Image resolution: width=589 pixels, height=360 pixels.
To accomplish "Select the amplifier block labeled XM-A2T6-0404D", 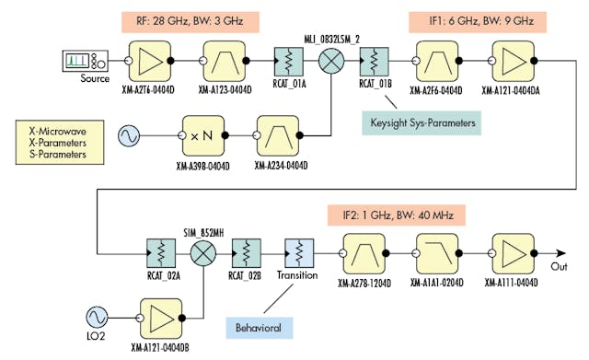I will click(x=146, y=61).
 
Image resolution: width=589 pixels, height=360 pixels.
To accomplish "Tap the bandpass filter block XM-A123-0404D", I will click(x=223, y=61).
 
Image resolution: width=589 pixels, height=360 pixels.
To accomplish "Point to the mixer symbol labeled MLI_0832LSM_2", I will click(x=330, y=62).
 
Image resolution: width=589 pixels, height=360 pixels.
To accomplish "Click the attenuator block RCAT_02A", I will click(x=162, y=250).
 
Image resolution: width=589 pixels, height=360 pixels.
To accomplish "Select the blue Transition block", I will click(x=301, y=250).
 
